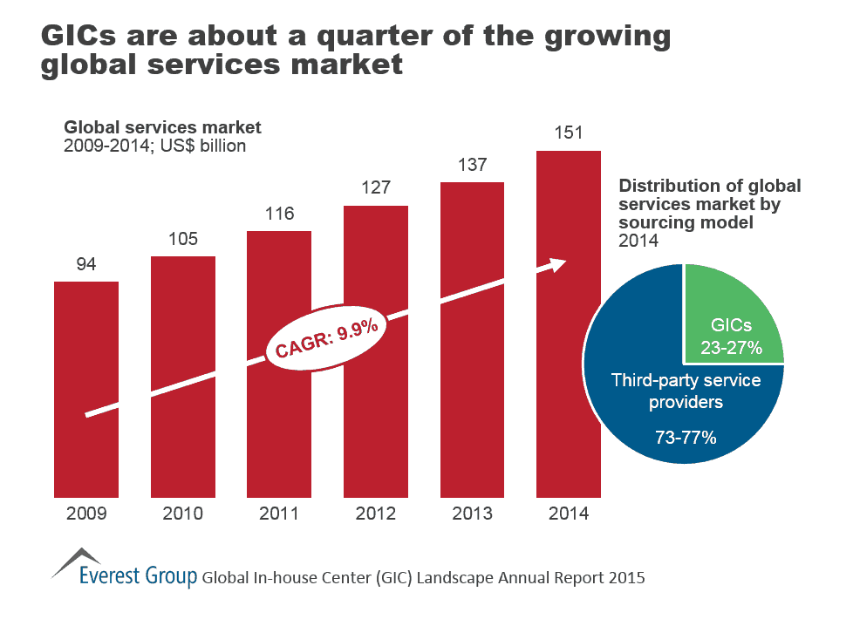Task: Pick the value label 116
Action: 279,214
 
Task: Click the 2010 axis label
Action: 182,514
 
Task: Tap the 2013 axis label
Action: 472,514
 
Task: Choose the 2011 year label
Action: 279,514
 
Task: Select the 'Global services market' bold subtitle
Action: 162,128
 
